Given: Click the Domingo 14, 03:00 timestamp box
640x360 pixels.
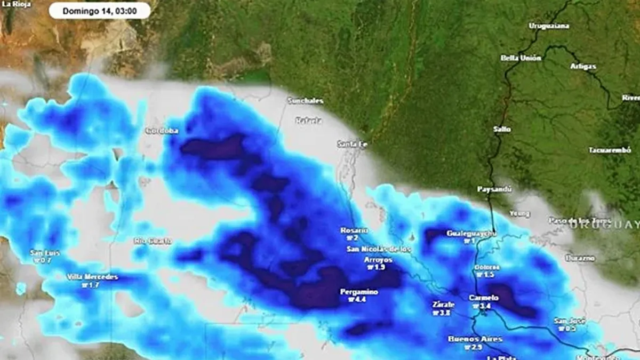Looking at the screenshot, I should (100, 11).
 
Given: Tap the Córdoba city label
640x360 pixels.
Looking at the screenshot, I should (162, 131).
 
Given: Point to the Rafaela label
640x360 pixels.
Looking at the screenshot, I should (309, 121).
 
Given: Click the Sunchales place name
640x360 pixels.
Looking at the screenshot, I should (306, 100).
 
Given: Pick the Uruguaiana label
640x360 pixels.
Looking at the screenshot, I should (549, 26).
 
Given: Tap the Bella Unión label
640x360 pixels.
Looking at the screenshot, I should (521, 58).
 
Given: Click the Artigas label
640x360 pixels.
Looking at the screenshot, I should (583, 67).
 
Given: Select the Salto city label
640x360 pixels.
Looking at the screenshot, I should (502, 129).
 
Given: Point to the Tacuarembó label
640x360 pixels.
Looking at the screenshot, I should (610, 150).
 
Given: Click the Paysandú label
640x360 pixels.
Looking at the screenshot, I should (494, 189).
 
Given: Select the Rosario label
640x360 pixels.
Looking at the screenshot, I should (354, 230).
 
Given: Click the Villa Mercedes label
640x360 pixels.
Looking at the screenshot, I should (92, 277).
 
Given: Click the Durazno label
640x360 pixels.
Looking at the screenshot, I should (581, 258).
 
